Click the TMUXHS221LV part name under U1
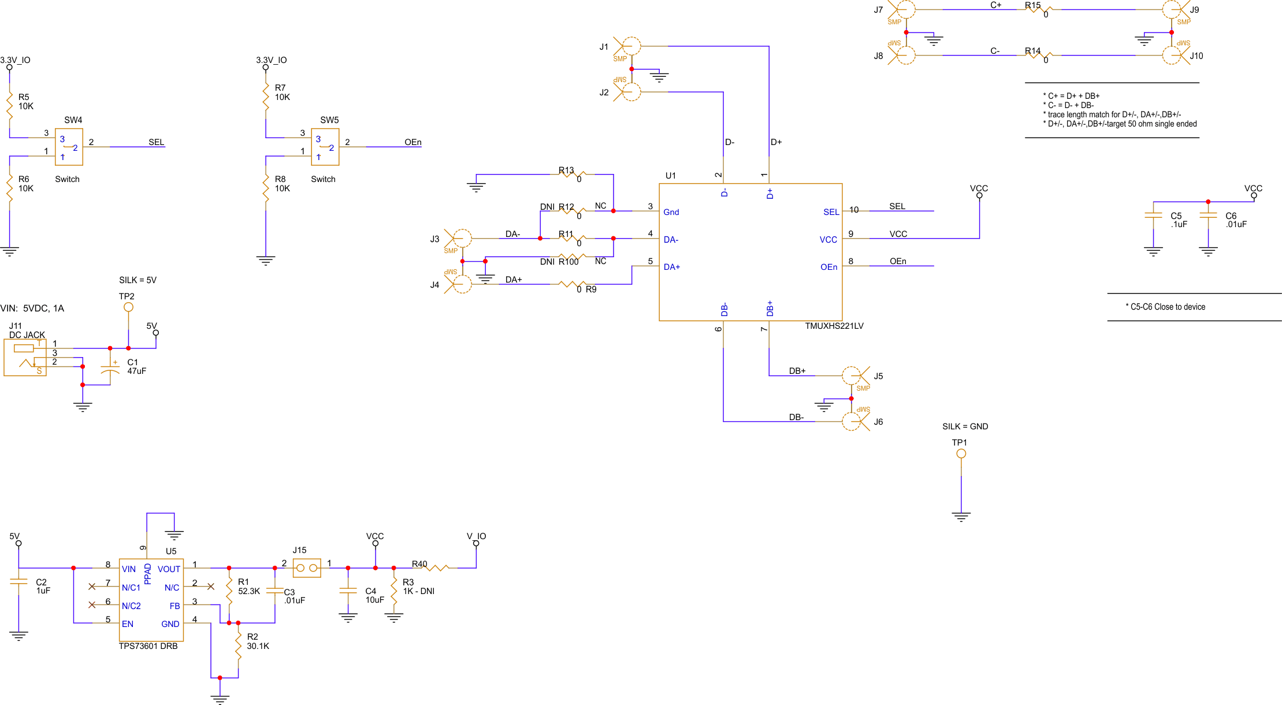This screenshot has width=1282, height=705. (834, 326)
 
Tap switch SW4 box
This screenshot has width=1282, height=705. (69, 147)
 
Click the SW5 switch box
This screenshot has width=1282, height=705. (325, 147)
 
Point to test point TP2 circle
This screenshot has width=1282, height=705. (128, 307)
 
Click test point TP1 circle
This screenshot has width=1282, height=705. (961, 454)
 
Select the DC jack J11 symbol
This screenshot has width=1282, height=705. (25, 358)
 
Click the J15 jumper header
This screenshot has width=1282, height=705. (307, 568)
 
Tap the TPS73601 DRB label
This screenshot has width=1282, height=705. (148, 646)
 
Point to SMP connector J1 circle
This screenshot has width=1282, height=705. (632, 46)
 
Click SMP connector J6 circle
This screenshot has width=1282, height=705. (852, 421)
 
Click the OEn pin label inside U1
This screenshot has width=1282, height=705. (828, 267)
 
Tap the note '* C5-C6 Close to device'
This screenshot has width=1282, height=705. (1165, 307)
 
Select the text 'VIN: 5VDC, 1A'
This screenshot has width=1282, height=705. (32, 309)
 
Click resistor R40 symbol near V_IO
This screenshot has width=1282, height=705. (437, 568)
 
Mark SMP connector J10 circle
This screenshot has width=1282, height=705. (1172, 55)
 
